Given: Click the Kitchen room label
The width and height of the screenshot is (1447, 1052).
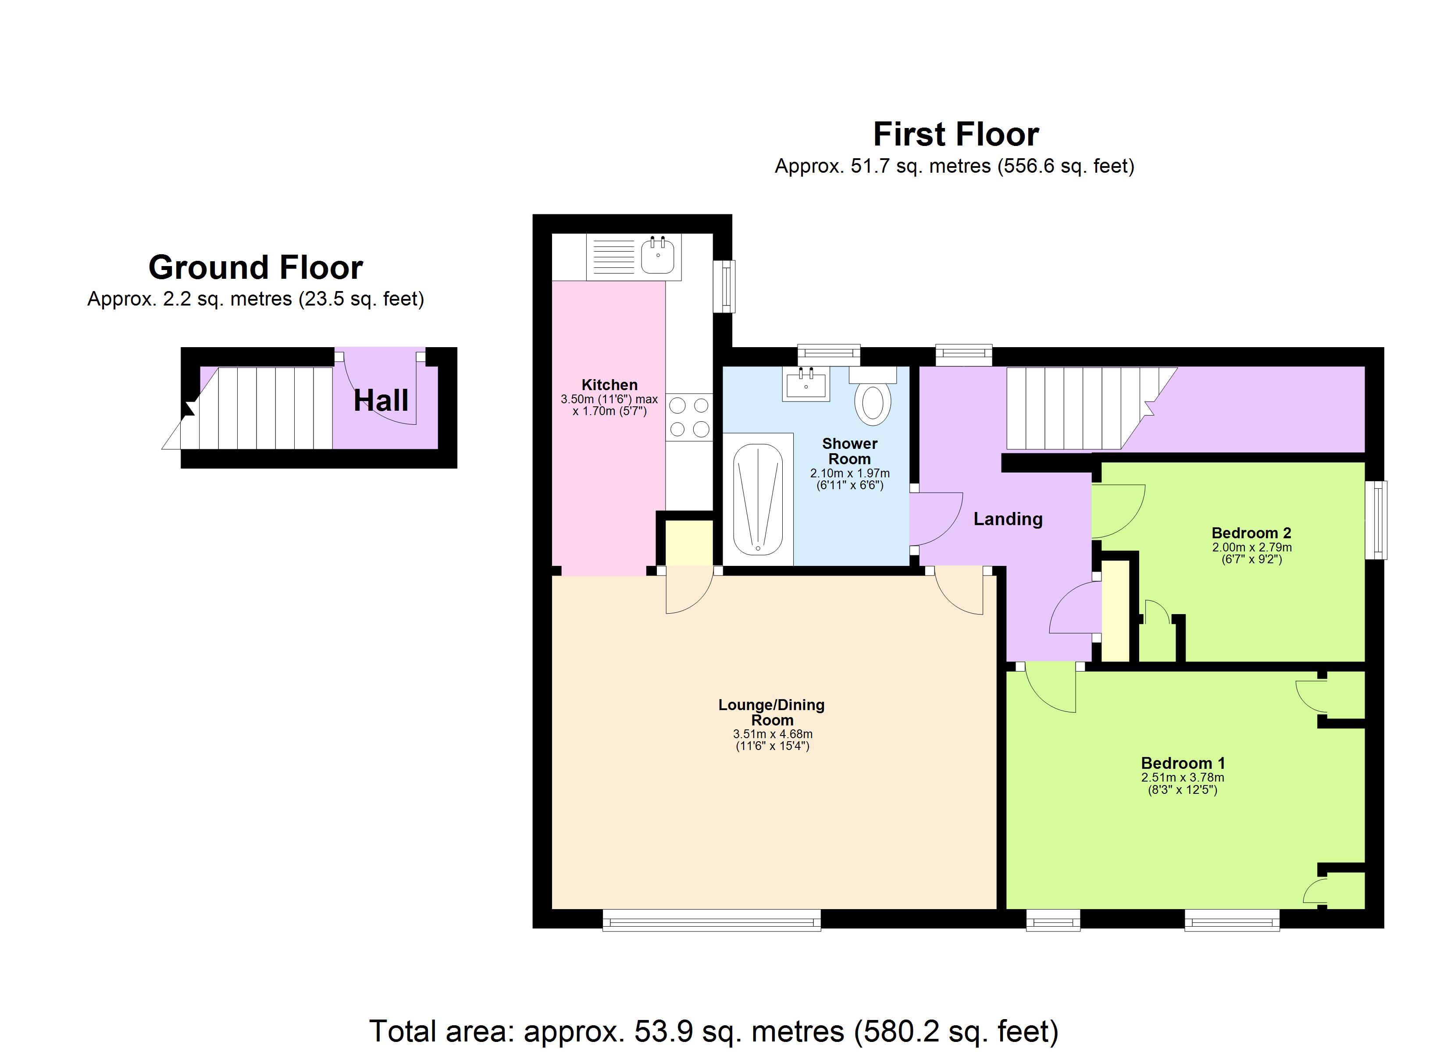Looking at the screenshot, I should pos(609,385).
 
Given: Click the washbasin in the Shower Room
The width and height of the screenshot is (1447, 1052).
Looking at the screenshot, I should pos(806,385).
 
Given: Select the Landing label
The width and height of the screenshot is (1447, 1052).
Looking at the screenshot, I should pos(1007,519).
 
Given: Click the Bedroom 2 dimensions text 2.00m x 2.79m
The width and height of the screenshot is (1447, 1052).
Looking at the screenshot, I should pos(1251,547).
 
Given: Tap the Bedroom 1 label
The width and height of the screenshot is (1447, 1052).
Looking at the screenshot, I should pos(1182,763).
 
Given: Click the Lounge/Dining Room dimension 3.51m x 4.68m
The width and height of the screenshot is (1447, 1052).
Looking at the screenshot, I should pos(772,734).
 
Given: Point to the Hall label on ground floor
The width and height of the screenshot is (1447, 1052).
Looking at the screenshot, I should pos(381,401).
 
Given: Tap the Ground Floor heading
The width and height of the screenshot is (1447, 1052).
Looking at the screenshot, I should pos(255,267).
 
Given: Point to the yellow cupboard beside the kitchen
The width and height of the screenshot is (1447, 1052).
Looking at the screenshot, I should pos(689,542).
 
